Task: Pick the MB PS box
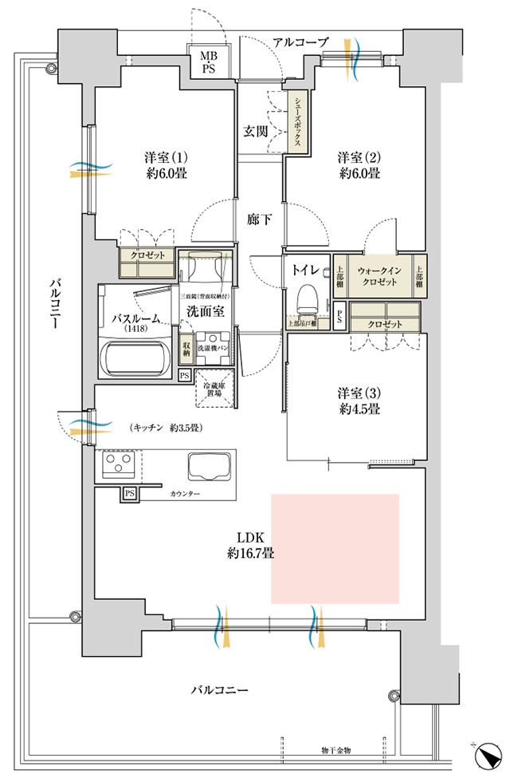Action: point(208,61)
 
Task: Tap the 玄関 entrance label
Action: point(255,132)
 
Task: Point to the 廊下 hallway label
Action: point(255,217)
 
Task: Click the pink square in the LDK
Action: point(335,548)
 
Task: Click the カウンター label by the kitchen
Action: point(186,495)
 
